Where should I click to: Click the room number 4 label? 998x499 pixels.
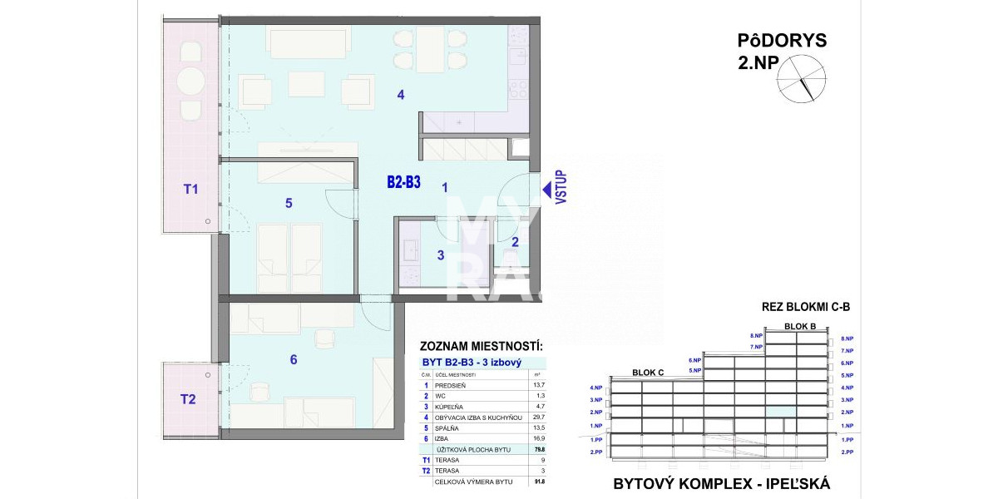(x=401, y=95)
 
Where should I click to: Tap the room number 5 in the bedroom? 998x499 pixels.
(x=289, y=203)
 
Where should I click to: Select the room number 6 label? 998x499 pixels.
(x=294, y=360)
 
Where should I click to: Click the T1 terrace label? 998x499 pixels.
(x=190, y=190)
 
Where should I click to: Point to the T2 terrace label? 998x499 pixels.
(x=189, y=399)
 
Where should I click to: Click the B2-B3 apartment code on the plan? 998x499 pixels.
(x=404, y=182)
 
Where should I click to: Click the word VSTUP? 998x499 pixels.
(x=561, y=187)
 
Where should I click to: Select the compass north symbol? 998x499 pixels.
(x=803, y=78)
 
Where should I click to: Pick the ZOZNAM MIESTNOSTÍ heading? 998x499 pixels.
(x=482, y=346)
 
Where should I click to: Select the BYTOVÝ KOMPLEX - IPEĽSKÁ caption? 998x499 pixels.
(x=722, y=483)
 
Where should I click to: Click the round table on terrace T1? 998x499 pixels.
(x=192, y=82)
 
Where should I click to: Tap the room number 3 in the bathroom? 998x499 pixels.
(x=441, y=255)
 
